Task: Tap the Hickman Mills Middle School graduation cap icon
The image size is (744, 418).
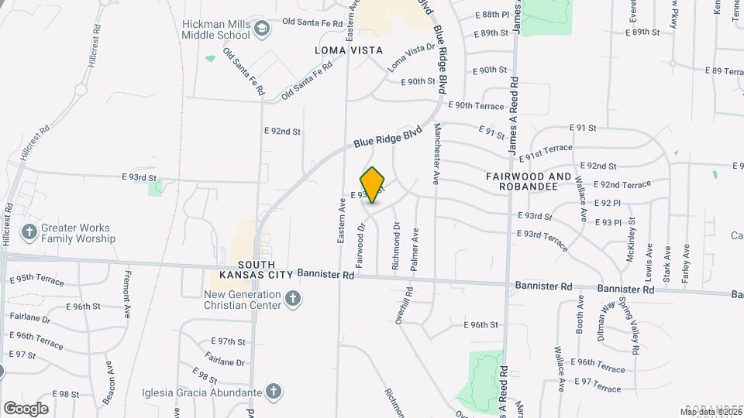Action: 263,29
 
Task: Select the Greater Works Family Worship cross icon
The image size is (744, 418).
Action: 29,232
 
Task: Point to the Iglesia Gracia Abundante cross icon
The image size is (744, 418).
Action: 272,392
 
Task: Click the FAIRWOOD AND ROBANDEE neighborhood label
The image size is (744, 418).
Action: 529,181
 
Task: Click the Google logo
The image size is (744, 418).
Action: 26,408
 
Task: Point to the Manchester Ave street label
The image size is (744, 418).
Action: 437,152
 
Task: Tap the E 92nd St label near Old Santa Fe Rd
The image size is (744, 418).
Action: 282,132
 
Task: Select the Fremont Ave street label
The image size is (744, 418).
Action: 127,294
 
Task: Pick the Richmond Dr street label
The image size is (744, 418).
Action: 396,246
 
